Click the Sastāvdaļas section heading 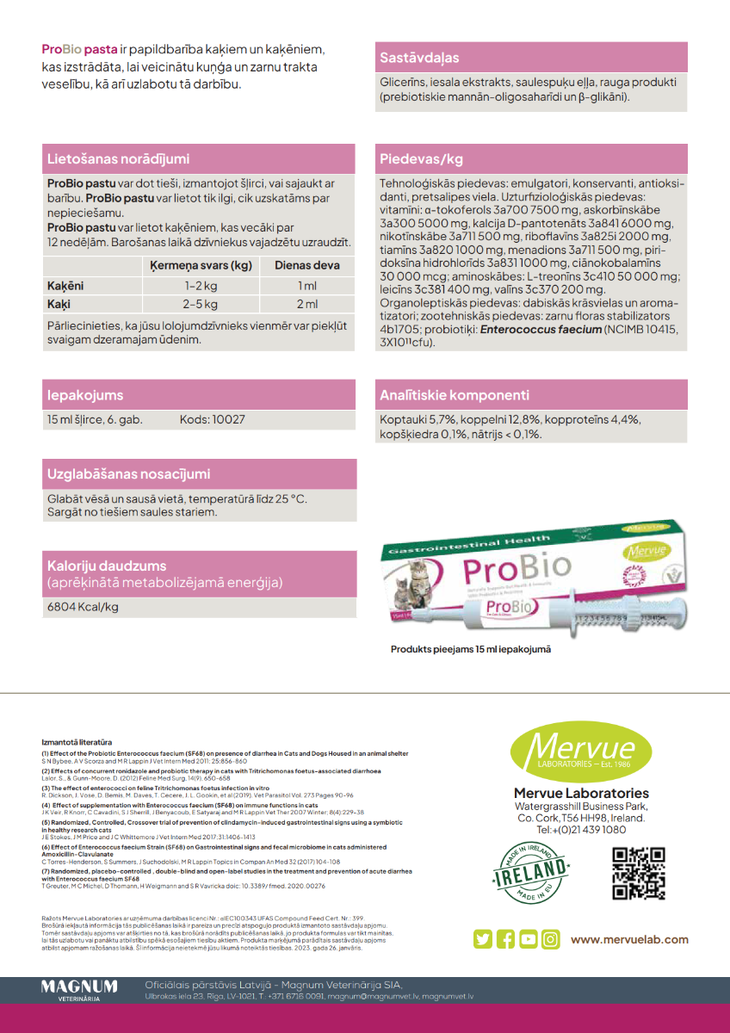point(420,59)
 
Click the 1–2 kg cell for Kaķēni point(200,286)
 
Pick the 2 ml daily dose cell point(307,304)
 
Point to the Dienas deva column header point(307,266)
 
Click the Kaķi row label point(59,304)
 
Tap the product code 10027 point(213,420)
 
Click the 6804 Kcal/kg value point(83,607)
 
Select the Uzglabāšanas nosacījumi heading point(129,474)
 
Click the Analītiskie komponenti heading point(455,396)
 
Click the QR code point(638,873)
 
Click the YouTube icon point(528,939)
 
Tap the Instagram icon point(550,939)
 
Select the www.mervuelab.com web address point(629,939)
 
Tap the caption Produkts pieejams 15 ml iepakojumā point(471,649)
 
